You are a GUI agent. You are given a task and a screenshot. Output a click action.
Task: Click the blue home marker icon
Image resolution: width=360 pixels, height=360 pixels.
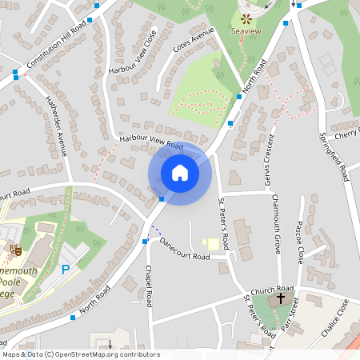[180, 173]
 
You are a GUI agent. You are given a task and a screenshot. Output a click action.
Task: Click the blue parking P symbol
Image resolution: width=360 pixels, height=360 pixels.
[66, 270]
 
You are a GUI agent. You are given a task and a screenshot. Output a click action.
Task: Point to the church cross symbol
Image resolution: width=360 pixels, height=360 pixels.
[280, 298]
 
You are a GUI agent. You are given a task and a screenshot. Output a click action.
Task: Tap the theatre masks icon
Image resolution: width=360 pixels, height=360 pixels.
[14, 250]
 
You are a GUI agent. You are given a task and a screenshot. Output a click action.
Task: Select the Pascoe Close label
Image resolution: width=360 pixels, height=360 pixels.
[300, 242]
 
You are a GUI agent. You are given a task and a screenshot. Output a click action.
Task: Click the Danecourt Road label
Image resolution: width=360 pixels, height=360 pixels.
[184, 248]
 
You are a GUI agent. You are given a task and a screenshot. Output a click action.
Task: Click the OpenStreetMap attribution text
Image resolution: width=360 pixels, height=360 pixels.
[80, 354]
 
